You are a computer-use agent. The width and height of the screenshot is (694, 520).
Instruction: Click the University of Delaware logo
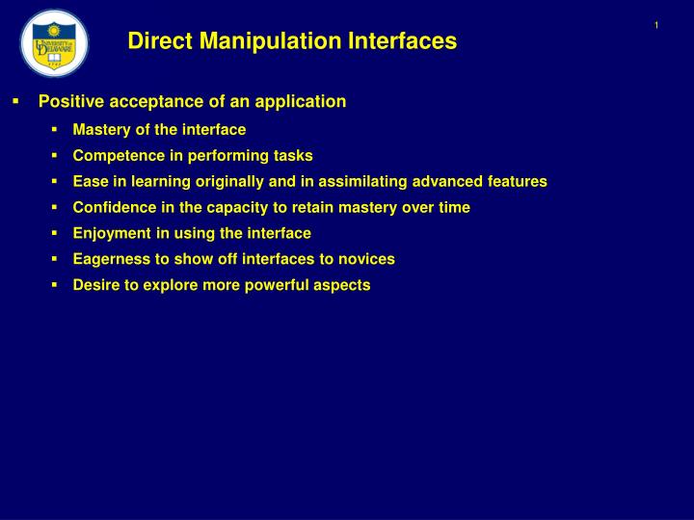(x=54, y=43)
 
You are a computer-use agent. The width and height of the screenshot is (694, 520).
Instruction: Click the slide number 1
(x=655, y=25)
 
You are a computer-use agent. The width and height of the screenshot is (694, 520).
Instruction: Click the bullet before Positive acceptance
(x=15, y=101)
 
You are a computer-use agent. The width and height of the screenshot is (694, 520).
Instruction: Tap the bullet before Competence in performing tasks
(x=56, y=155)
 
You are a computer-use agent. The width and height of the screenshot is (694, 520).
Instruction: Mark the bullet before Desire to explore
(x=56, y=285)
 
